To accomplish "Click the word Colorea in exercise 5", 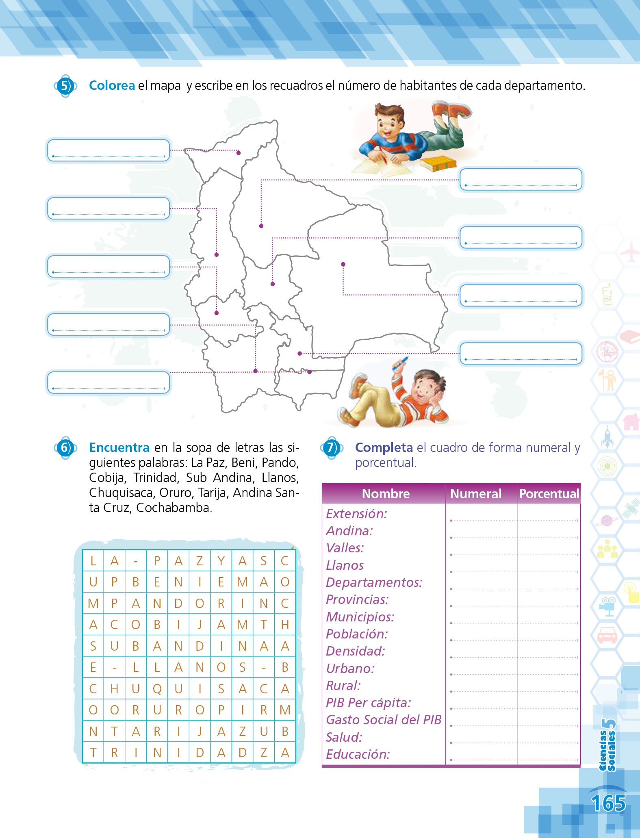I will pyautogui.click(x=112, y=86).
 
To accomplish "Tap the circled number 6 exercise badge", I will pyautogui.click(x=65, y=448).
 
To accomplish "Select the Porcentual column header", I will pyautogui.click(x=549, y=494).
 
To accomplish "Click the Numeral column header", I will pyautogui.click(x=476, y=494).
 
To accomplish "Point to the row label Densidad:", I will pyautogui.click(x=356, y=651).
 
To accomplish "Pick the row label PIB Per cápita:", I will pyautogui.click(x=369, y=703).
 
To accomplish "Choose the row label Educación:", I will pyautogui.click(x=358, y=754).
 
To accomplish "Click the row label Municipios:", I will pyautogui.click(x=360, y=617).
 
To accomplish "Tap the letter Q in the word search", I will pyautogui.click(x=157, y=689).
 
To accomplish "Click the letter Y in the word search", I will pyautogui.click(x=221, y=561).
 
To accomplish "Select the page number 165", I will pyautogui.click(x=608, y=803).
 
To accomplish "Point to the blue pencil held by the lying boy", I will pyautogui.click(x=400, y=363).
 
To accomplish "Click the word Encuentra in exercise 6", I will pyautogui.click(x=119, y=447).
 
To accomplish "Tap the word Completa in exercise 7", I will pyautogui.click(x=384, y=447).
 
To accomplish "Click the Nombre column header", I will pyautogui.click(x=386, y=494).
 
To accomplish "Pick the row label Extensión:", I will pyautogui.click(x=357, y=514).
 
